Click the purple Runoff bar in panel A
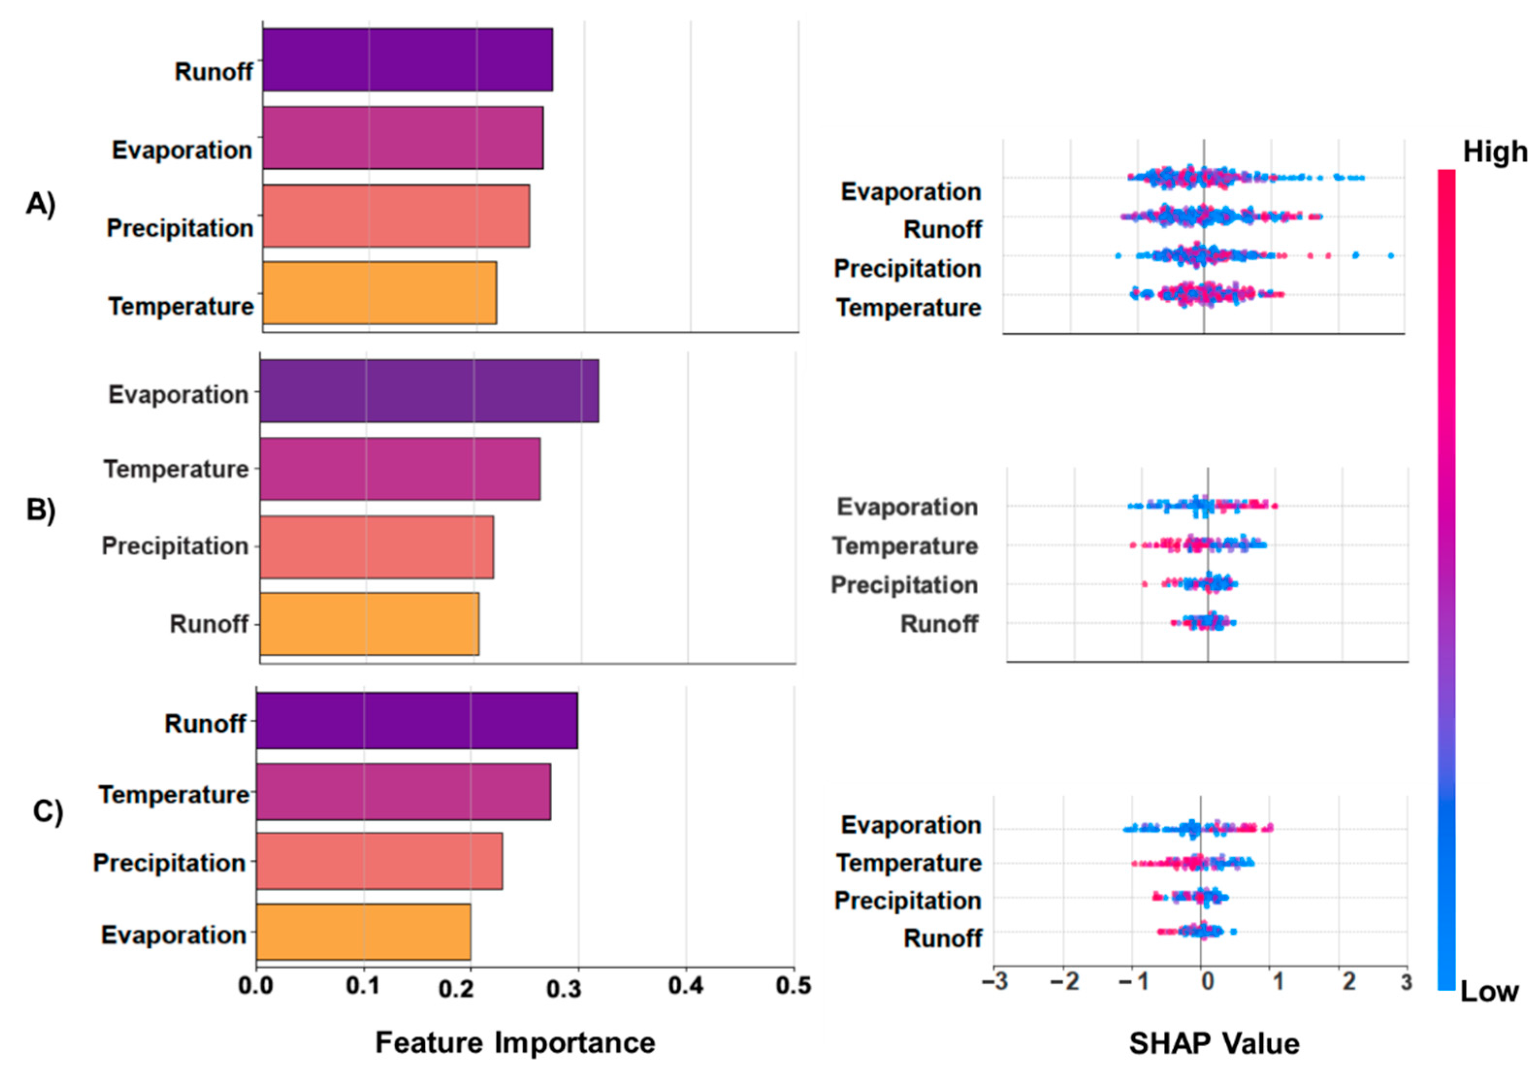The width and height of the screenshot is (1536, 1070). click(x=407, y=60)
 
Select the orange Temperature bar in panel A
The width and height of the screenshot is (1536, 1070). click(x=379, y=293)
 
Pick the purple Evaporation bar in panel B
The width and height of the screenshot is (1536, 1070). click(x=428, y=391)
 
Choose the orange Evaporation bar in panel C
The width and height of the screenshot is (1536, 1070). click(x=363, y=931)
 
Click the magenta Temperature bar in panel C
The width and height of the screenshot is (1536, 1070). click(x=403, y=791)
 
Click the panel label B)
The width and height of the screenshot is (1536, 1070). click(x=41, y=510)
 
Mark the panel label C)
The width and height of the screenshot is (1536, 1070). click(x=48, y=811)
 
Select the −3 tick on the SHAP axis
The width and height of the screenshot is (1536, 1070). click(x=995, y=982)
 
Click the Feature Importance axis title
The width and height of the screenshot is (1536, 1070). click(x=514, y=1042)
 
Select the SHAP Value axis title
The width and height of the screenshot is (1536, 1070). click(x=1214, y=1043)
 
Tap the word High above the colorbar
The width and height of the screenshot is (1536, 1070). click(x=1494, y=152)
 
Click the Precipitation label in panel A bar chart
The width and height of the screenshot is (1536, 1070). click(x=180, y=228)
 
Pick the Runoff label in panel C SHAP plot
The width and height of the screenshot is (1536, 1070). click(x=942, y=938)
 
